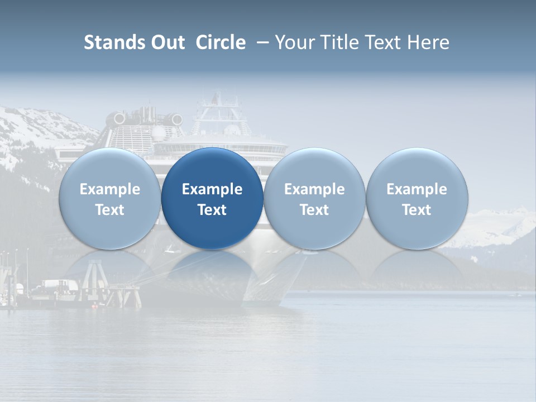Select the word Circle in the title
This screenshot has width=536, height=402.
pos(221,42)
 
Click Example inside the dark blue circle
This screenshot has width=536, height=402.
pos(212,189)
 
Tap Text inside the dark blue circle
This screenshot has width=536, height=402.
pos(212,210)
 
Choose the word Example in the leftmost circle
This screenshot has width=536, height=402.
pos(110,189)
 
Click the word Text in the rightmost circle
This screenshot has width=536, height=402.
pos(417,210)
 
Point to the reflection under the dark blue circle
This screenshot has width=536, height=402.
pos(212,268)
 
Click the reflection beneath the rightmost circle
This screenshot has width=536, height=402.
pos(417,268)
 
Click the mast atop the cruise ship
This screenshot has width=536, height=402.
pos(215,101)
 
